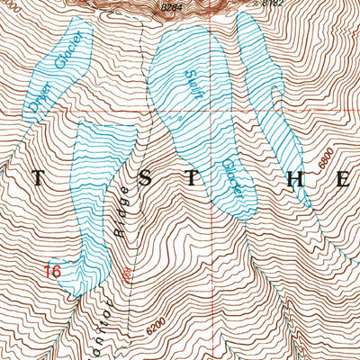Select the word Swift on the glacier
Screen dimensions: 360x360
click(192, 84)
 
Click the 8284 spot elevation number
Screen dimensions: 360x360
click(172, 8)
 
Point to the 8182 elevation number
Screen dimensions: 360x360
click(273, 4)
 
